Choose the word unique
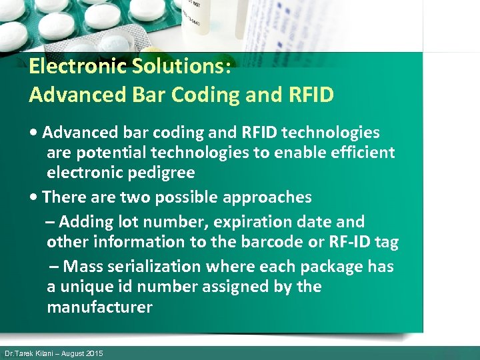click(87, 287)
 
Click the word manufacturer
click(99, 307)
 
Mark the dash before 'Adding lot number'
click(50, 221)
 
